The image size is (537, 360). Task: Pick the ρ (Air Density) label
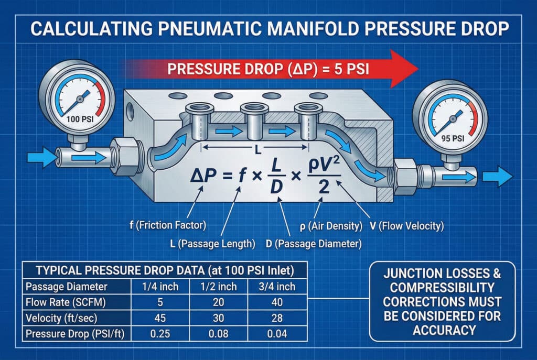point(333,226)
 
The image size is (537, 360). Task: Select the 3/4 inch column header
point(277,287)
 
